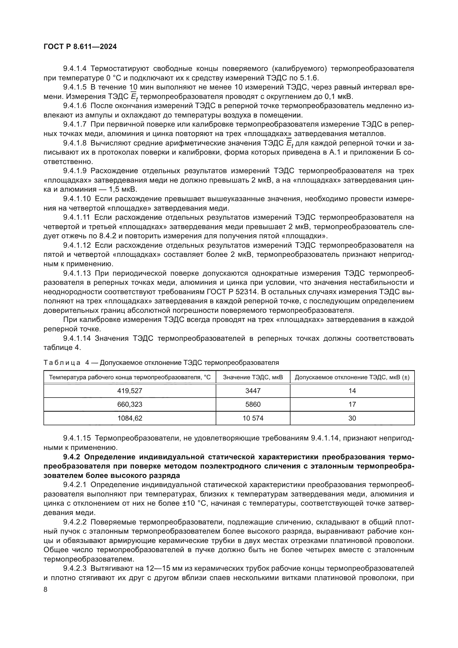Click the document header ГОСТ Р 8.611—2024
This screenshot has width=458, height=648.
pyautogui.click(x=80, y=47)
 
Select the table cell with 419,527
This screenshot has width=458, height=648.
pyautogui.click(x=130, y=391)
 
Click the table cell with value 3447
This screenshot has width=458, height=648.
pyautogui.click(x=253, y=391)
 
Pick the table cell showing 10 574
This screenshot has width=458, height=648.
pyautogui.click(x=253, y=418)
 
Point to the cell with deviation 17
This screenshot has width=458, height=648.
pyautogui.click(x=352, y=404)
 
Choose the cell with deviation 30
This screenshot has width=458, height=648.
pyautogui.click(x=352, y=418)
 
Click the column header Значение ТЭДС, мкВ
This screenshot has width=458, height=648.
pyautogui.click(x=253, y=377)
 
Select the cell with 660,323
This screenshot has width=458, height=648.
pyautogui.click(x=130, y=404)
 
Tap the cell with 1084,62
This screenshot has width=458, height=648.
pyautogui.click(x=130, y=418)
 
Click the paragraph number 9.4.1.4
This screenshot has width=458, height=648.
pyautogui.click(x=75, y=69)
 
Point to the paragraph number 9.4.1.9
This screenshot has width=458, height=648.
pyautogui.click(x=75, y=171)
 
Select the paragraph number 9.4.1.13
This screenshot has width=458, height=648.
pyautogui.click(x=77, y=273)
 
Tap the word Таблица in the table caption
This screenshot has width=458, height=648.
pyautogui.click(x=62, y=363)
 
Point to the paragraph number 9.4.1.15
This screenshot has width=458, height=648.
pyautogui.click(x=77, y=438)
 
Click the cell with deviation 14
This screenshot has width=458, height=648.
pyautogui.click(x=352, y=391)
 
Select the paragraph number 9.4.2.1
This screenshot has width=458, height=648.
pyautogui.click(x=75, y=485)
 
